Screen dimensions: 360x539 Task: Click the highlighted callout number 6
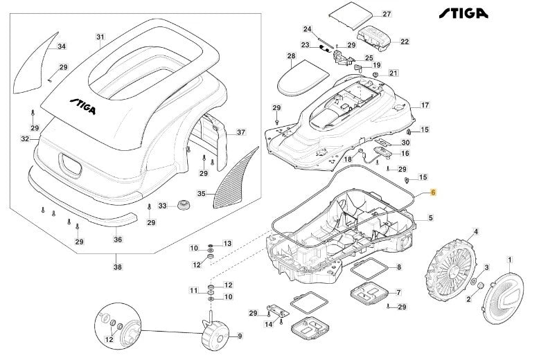click(x=433, y=194)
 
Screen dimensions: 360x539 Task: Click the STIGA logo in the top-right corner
click(x=463, y=13)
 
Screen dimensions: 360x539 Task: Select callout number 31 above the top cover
click(x=100, y=37)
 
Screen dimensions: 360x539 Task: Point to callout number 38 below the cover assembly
click(x=116, y=266)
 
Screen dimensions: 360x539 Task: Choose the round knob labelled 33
click(x=183, y=206)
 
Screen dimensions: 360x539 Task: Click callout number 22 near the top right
click(x=405, y=42)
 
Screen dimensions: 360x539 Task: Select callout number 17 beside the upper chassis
click(x=425, y=105)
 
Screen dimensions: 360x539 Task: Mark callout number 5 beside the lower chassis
click(x=430, y=218)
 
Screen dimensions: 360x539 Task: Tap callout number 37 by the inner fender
click(x=240, y=132)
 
